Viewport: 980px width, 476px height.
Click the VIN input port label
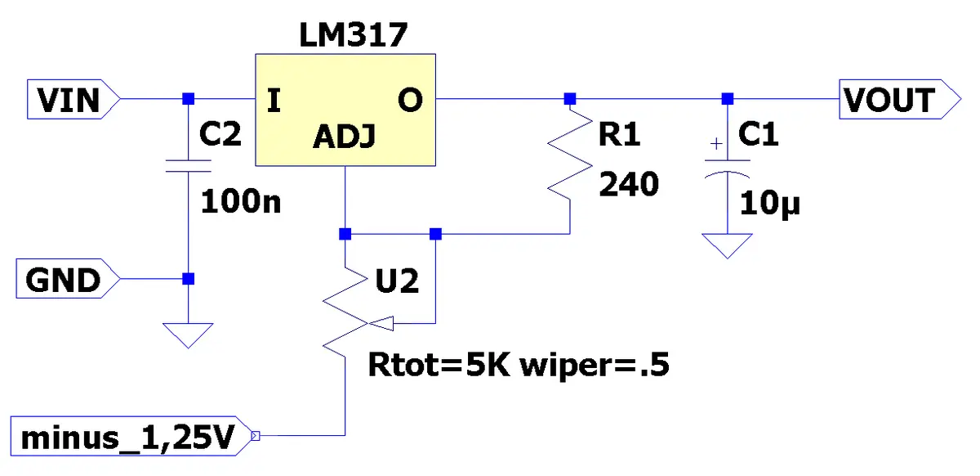[x=73, y=99]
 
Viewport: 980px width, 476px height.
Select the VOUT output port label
[x=899, y=99]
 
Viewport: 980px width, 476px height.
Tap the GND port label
[x=68, y=279]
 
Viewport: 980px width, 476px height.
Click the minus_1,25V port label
[x=131, y=436]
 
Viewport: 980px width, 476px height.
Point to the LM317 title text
[x=353, y=35]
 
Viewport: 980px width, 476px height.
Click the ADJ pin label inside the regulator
[x=345, y=137]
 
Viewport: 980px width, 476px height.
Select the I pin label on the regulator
[x=274, y=101]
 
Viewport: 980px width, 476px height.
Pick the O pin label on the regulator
[x=410, y=101]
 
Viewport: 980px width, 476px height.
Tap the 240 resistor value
[x=629, y=184]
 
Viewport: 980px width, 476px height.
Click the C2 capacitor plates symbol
[x=189, y=166]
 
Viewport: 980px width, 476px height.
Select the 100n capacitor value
[x=241, y=202]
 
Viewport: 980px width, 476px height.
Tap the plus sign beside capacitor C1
[x=716, y=144]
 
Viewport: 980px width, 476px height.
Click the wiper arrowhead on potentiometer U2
[x=381, y=324]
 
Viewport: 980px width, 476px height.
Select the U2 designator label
[x=397, y=281]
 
